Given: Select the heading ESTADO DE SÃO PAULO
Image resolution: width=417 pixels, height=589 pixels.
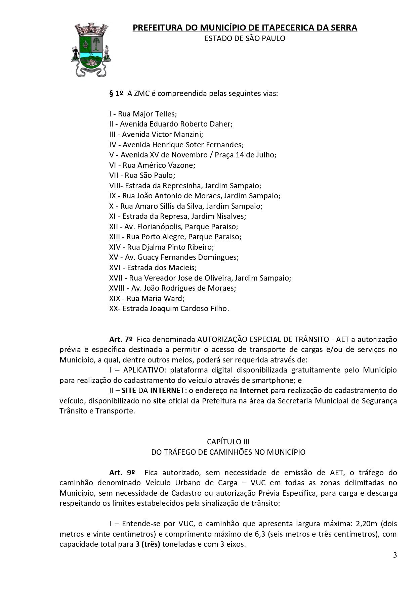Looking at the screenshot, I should pyautogui.click(x=245, y=39).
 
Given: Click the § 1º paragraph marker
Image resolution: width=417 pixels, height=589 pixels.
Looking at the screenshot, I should pyautogui.click(x=116, y=93).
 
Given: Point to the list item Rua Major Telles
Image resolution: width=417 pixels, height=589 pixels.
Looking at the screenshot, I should pyautogui.click(x=143, y=114).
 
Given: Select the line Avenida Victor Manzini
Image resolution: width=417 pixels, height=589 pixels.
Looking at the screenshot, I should pyautogui.click(x=156, y=134).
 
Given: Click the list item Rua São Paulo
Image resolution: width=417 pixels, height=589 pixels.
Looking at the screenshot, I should pyautogui.click(x=142, y=175).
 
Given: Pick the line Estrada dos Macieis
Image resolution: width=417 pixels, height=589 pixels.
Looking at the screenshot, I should pyautogui.click(x=153, y=267).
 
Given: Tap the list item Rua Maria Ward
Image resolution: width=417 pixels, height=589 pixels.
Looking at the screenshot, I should pyautogui.click(x=147, y=298).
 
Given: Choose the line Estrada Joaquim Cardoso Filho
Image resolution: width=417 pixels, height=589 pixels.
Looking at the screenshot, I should pyautogui.click(x=169, y=308).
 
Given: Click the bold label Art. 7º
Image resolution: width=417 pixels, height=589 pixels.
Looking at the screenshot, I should pyautogui.click(x=121, y=339).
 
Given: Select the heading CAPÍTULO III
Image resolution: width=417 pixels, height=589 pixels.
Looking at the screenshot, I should pyautogui.click(x=228, y=442).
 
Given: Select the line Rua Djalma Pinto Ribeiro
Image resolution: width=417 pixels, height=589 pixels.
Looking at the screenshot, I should pyautogui.click(x=162, y=247).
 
